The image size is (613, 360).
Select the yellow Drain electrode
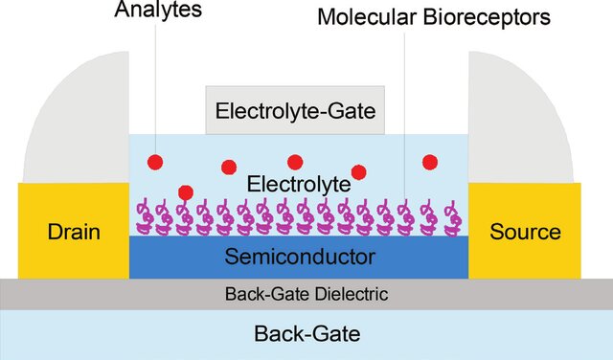[73, 231]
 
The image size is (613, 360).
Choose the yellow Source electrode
[524, 231]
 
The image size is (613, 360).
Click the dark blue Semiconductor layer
[299, 257]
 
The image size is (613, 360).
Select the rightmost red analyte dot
[430, 161]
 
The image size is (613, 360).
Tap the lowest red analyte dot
[186, 192]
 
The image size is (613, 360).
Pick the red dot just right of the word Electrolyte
[359, 172]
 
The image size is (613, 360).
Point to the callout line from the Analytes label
[153, 86]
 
